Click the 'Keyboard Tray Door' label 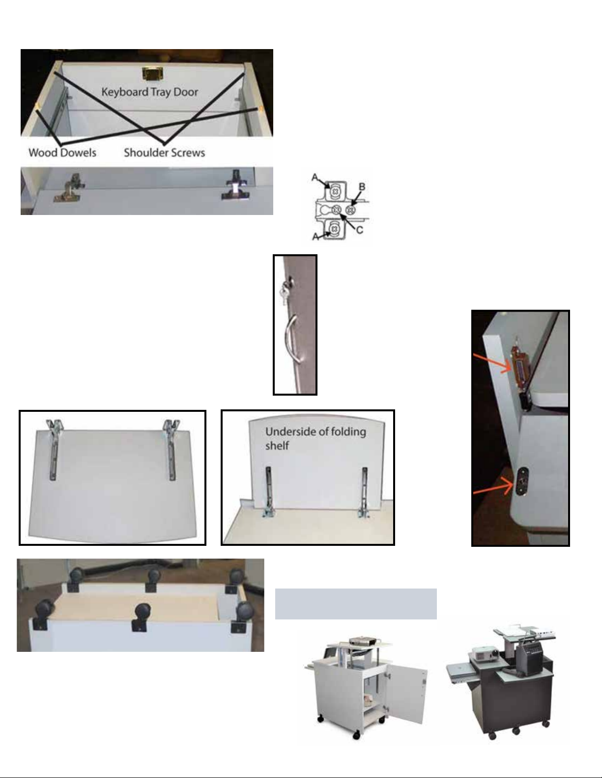tap(149, 92)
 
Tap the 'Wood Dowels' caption tap(62, 153)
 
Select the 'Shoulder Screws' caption tap(165, 153)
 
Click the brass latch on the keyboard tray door tap(152, 74)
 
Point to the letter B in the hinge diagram tap(362, 187)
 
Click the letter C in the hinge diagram tap(360, 230)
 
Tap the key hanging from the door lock tap(283, 295)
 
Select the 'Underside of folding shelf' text tap(315, 439)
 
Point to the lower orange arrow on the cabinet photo tap(494, 486)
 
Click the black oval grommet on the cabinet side tap(521, 482)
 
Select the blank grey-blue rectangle tap(356, 604)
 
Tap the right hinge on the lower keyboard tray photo tap(235, 186)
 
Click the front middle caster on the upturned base tap(141, 617)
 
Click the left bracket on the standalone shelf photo tap(55, 449)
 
